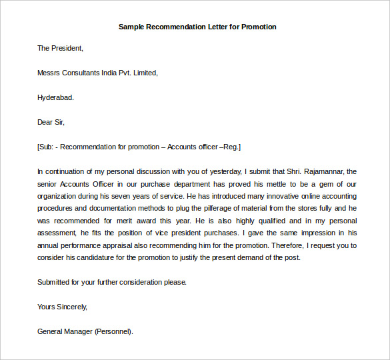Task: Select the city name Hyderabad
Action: click(x=55, y=97)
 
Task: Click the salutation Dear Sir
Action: click(x=51, y=122)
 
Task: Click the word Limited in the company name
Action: click(x=145, y=73)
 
